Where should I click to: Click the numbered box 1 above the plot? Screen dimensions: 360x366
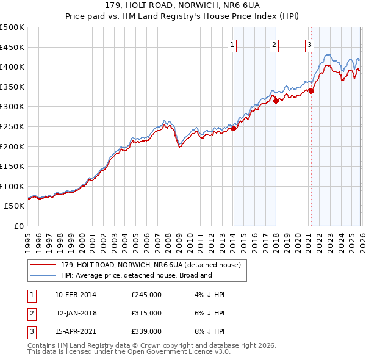233,44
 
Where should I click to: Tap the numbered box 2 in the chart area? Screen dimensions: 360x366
274,44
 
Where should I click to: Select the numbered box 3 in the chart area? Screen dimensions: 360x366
310,44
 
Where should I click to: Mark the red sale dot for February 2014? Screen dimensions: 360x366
234,128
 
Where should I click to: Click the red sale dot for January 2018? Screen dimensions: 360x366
276,101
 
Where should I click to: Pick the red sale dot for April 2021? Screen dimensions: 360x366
311,91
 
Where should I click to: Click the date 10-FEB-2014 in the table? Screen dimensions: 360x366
75,295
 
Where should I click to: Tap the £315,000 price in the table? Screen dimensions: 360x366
146,313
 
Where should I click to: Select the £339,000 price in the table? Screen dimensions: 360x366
146,331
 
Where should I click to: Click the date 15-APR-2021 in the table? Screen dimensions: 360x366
75,331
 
